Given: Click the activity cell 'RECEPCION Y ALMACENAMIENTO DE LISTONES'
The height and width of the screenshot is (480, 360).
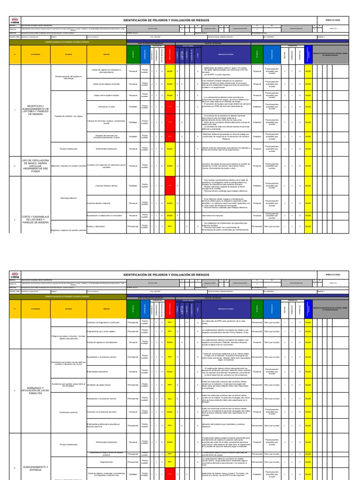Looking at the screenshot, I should [x=30, y=110].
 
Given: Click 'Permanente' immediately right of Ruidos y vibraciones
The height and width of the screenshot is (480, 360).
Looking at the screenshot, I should [x=133, y=226].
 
